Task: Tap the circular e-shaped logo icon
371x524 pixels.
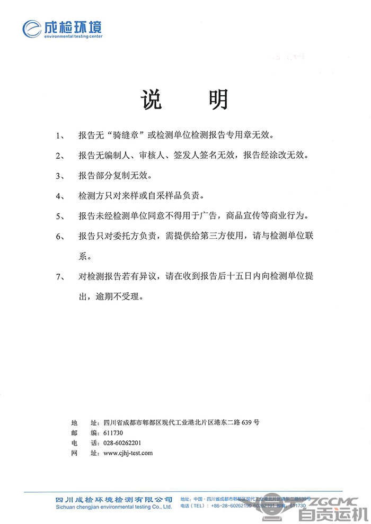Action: click(32, 28)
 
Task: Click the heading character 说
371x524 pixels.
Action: click(152, 99)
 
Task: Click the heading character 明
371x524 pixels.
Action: click(218, 99)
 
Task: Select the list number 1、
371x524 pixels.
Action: click(60, 135)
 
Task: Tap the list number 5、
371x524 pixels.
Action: click(60, 216)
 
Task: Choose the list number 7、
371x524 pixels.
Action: click(60, 276)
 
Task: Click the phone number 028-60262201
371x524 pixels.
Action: click(122, 443)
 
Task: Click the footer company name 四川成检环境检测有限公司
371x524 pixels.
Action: click(113, 499)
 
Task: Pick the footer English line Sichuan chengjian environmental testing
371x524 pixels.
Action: click(113, 507)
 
